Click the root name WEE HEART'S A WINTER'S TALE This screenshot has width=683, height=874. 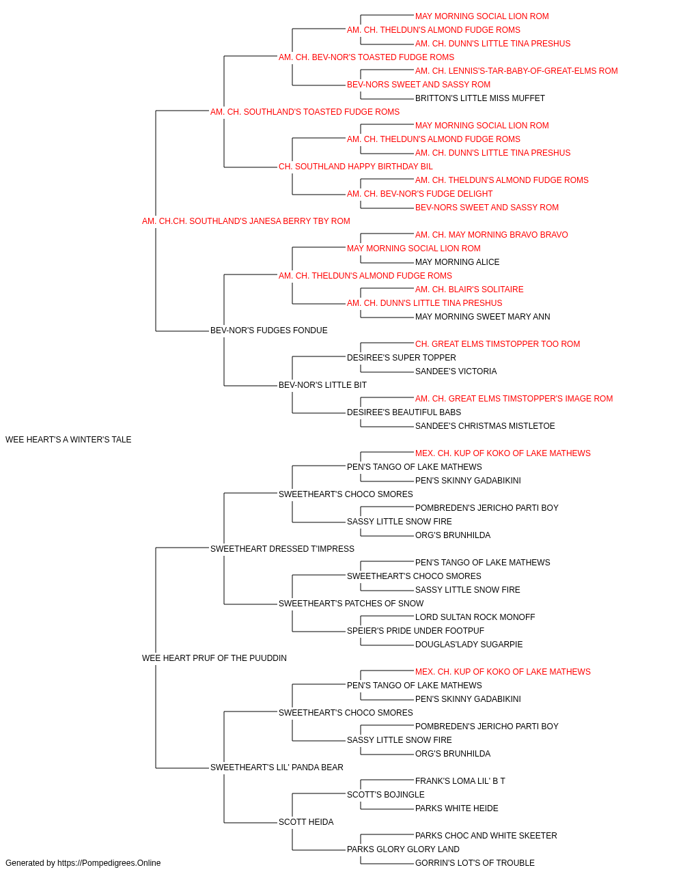coord(68,440)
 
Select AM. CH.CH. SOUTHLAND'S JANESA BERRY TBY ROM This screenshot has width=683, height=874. coord(246,221)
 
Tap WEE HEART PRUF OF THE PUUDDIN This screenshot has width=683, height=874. coord(214,658)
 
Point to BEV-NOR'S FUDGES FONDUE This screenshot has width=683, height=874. coord(268,330)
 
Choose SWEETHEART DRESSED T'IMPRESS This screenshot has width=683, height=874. coord(282,548)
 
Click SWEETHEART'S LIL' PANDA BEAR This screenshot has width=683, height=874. coord(277,767)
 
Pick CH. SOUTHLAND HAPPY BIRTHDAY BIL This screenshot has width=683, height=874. coord(356,167)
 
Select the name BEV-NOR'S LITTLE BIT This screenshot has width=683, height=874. coord(322,385)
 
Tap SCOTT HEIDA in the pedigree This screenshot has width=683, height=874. coord(306,821)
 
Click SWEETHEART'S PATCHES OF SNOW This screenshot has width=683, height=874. coord(351,604)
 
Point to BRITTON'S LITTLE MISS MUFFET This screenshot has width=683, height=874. coord(480,98)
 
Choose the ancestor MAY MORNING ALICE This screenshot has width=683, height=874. coord(458,262)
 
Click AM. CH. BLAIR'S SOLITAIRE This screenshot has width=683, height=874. coord(469,290)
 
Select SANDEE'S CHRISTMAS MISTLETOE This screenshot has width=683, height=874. coord(485,426)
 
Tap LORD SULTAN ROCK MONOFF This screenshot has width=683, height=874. coord(475,617)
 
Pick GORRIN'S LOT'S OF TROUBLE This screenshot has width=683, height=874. coord(475,863)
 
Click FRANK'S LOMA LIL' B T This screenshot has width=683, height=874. coord(460,780)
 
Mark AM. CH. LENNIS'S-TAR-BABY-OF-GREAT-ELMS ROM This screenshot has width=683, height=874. coord(516,71)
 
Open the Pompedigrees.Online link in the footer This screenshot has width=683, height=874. coord(109,863)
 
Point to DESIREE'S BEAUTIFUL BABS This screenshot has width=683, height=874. coord(404,412)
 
